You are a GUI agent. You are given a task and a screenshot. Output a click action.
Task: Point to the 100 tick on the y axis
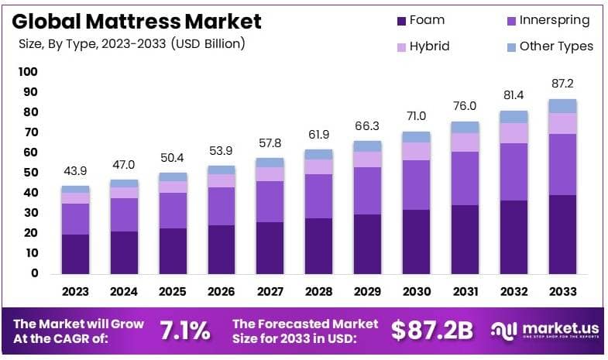[x=28, y=72]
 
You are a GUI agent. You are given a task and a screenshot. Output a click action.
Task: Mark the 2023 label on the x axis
[x=76, y=292]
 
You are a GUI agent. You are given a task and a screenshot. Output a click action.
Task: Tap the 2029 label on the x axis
[x=367, y=292]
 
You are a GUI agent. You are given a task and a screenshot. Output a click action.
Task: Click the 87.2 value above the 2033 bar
[x=562, y=84]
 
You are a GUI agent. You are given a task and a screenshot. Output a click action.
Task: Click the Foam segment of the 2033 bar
[x=562, y=234]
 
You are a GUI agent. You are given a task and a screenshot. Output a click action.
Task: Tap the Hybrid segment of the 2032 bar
[x=514, y=132]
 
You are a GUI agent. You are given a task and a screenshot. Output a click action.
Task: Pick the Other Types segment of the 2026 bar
[x=222, y=170]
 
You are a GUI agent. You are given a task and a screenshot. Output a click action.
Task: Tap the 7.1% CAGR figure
[x=185, y=331]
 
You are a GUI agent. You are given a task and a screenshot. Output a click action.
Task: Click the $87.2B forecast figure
[x=431, y=331]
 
